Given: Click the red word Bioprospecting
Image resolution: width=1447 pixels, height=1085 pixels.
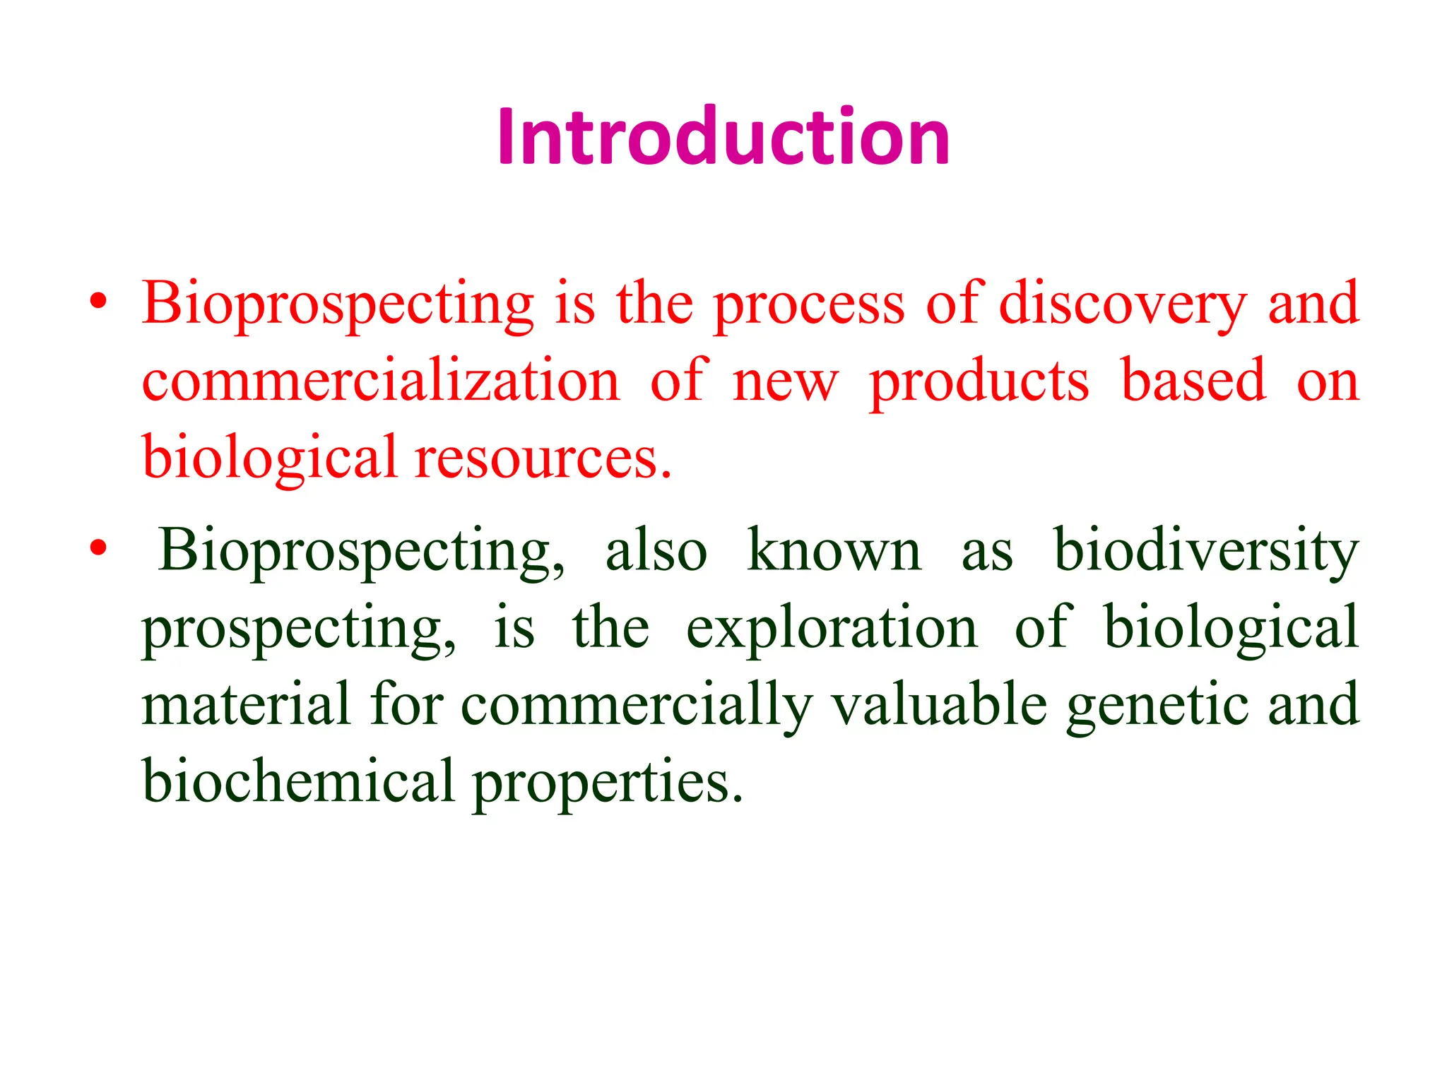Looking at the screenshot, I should tap(338, 305).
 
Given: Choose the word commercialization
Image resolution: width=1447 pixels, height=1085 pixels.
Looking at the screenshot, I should tap(381, 381).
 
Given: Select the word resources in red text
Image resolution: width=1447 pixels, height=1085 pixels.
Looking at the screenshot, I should tap(543, 459).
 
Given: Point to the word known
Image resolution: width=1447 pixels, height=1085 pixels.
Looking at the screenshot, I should tap(834, 550).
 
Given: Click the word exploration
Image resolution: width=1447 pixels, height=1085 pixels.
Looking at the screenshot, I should tap(832, 629).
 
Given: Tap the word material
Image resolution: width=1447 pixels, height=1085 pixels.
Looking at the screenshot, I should tap(247, 704).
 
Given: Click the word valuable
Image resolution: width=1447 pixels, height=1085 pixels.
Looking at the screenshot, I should tap(939, 704).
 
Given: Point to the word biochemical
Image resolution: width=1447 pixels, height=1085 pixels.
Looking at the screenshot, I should tap(298, 781).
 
